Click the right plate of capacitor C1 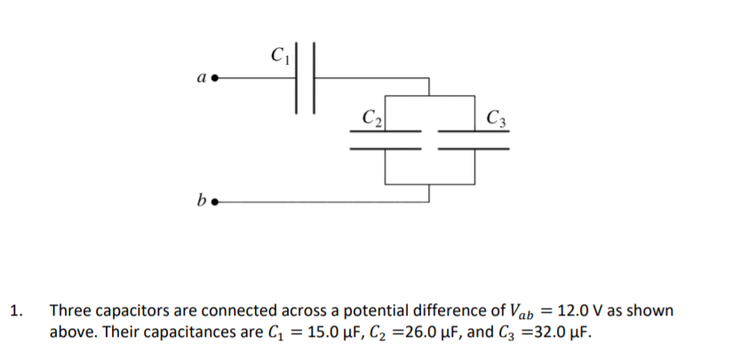[x=313, y=77]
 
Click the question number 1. [x=15, y=312]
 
